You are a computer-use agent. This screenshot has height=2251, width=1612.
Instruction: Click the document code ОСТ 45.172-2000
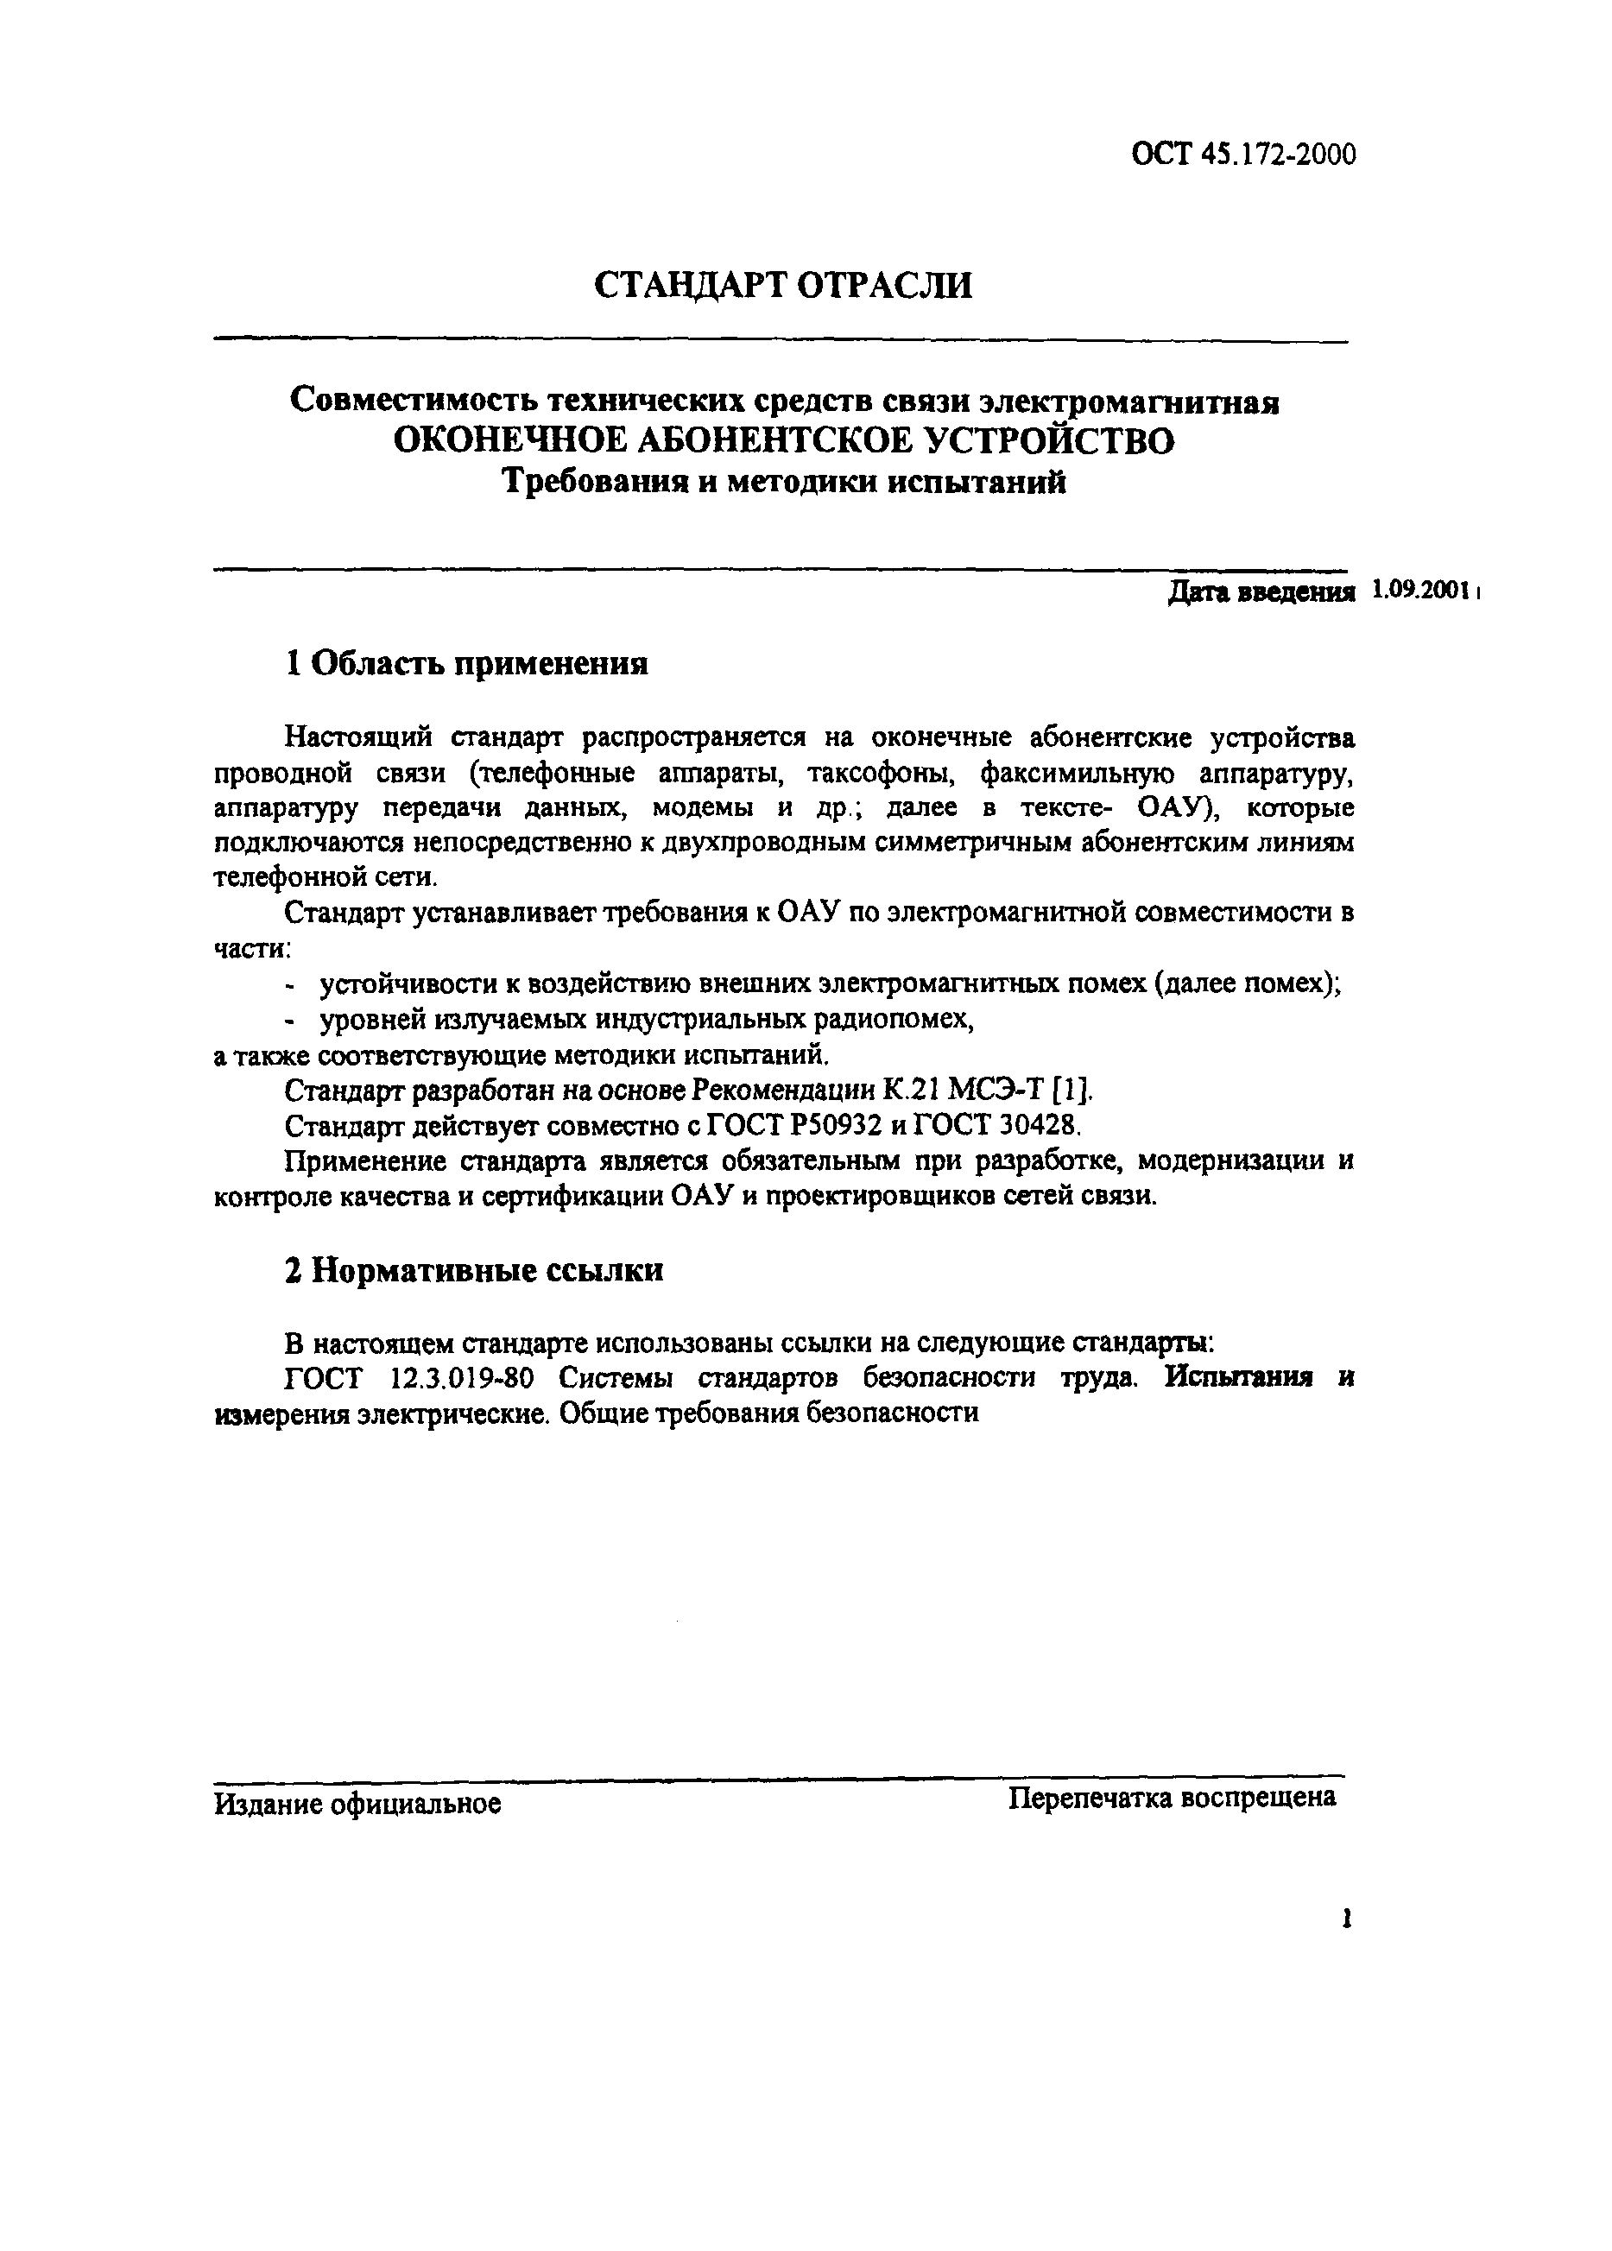coord(1242,155)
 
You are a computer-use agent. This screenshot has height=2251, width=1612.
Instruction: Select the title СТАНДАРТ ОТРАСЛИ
coord(783,285)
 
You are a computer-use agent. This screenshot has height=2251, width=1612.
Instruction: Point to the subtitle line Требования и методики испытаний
coord(783,484)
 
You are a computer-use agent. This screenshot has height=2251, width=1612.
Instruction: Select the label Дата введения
coord(1261,593)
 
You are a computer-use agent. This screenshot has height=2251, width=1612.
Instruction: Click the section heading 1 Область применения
coord(466,663)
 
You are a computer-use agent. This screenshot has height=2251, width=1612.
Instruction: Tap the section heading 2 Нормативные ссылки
coord(475,1271)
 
